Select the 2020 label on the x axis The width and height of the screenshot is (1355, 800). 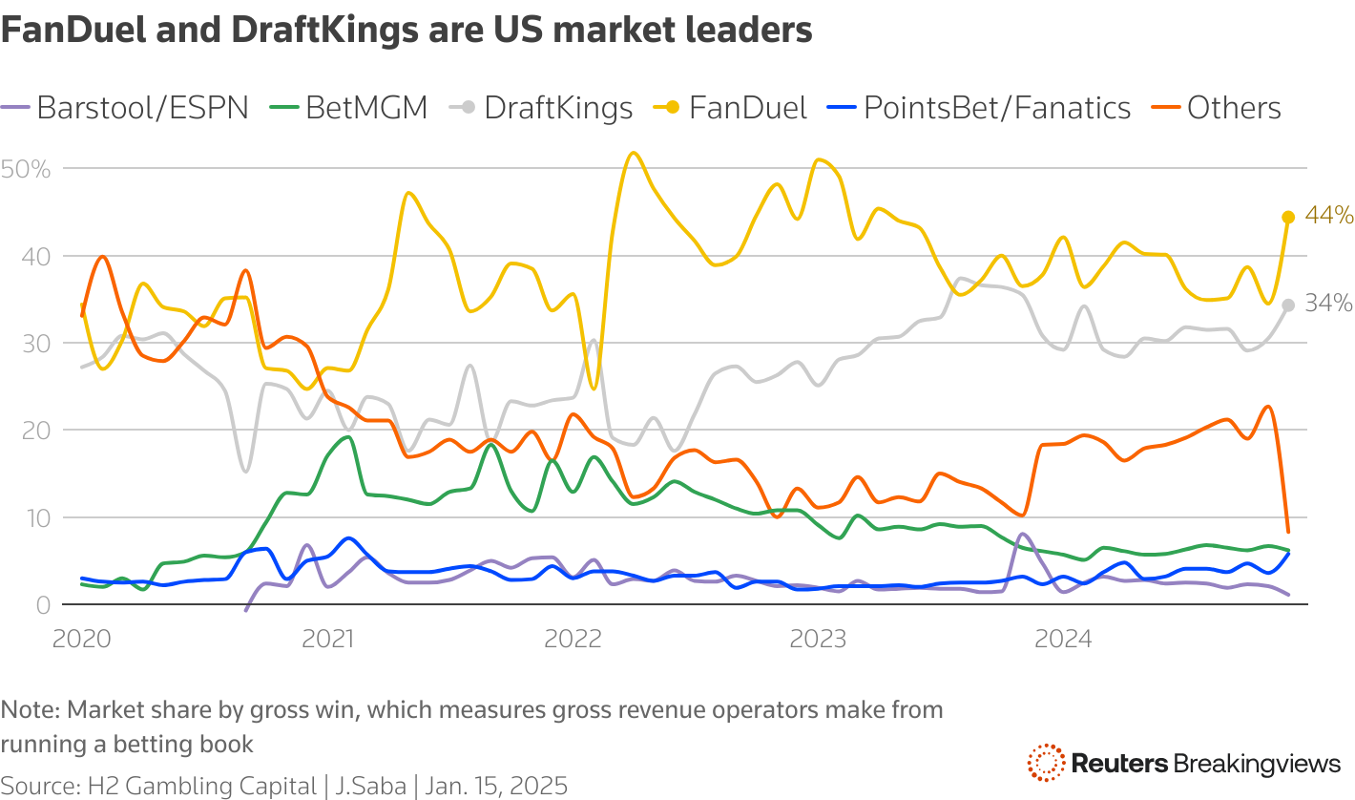(82, 638)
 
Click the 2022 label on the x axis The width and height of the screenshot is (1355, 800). (573, 638)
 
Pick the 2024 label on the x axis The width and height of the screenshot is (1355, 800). (1064, 638)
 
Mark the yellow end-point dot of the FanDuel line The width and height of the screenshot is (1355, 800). (1288, 217)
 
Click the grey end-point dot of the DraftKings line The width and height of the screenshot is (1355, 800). (1288, 305)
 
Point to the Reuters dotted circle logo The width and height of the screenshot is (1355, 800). (1046, 763)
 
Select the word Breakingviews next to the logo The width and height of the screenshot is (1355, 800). (1257, 764)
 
